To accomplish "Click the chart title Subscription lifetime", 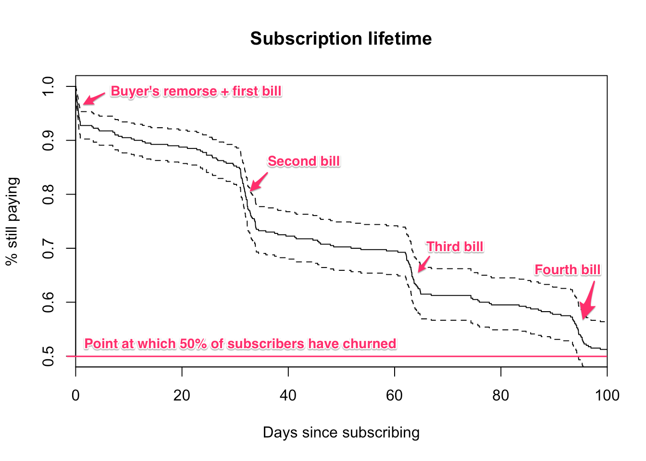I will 341,38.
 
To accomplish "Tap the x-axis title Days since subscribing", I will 341,432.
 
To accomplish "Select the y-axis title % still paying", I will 12,221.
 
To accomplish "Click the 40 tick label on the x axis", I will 288,395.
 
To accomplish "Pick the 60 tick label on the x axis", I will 394,395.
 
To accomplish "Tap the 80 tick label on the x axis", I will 501,395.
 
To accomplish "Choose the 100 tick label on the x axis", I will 607,395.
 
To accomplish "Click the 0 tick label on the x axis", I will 75,395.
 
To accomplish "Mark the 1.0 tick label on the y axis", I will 48,86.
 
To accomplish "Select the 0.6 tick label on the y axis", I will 48,302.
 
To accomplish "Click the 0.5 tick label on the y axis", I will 48,356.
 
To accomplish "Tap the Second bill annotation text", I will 304,161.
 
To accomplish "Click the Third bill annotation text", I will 455,247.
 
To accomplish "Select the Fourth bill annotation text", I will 567,270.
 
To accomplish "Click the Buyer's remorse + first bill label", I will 196,91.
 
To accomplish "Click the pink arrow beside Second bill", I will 258,182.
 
